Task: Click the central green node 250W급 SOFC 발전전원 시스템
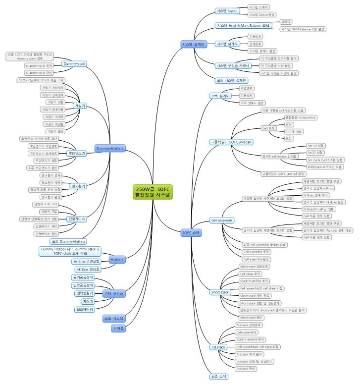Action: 154,192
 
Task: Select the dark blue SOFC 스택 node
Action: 191,232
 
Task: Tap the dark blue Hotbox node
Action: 117,259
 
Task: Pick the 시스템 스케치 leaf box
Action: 258,7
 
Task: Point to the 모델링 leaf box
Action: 286,22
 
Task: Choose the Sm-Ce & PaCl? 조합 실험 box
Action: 324,160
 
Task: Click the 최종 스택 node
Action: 218,376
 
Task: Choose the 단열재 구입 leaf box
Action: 44,211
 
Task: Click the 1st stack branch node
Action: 218,347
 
